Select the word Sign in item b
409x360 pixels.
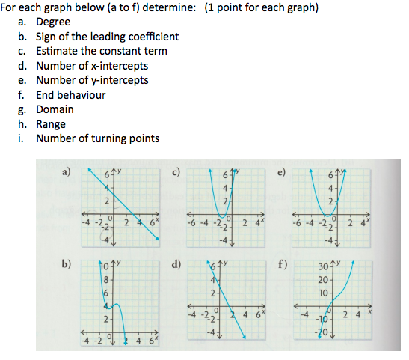46,37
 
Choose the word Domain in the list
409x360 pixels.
55,109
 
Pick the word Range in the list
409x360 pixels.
51,124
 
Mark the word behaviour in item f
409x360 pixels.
82,95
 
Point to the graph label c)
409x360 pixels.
177,171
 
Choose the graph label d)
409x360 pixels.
177,263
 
